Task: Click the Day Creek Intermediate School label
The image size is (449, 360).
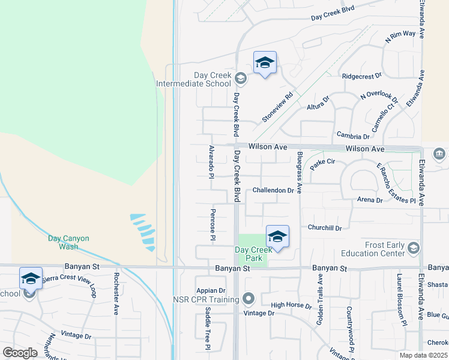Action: click(x=193, y=80)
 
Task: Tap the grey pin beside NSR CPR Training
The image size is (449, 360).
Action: click(x=249, y=298)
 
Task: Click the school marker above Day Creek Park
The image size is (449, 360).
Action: click(x=277, y=236)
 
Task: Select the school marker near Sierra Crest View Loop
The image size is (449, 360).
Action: click(x=31, y=278)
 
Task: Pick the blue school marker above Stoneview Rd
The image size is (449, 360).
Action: click(x=265, y=62)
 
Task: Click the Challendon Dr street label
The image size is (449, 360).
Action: click(x=273, y=190)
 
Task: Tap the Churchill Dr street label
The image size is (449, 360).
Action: click(x=324, y=228)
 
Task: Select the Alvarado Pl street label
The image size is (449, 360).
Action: click(x=211, y=162)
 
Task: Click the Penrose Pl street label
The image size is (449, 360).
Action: click(x=212, y=224)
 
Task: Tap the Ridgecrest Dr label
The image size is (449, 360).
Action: click(x=361, y=76)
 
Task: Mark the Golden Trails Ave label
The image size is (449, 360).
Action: click(x=321, y=296)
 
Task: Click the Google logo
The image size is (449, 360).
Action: click(x=20, y=353)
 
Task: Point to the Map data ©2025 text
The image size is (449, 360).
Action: click(x=423, y=355)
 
